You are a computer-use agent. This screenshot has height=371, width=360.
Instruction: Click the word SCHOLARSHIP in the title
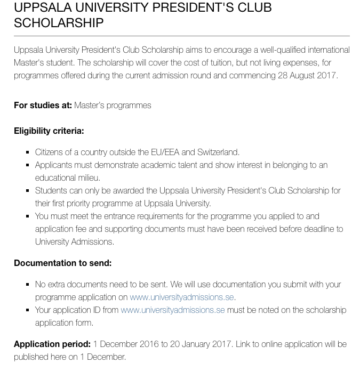click(x=59, y=23)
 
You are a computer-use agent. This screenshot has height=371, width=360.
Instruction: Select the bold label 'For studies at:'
click(x=43, y=105)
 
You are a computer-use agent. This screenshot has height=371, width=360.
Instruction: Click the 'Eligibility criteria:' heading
click(x=49, y=131)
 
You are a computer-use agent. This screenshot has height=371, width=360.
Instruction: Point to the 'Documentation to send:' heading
click(x=62, y=263)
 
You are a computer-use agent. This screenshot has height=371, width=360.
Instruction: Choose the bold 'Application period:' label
click(x=52, y=344)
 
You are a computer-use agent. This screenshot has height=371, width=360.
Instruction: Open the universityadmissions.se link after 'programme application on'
click(x=181, y=297)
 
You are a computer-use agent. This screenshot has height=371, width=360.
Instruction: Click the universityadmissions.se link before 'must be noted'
click(x=172, y=310)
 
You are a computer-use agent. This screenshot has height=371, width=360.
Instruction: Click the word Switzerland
click(x=218, y=152)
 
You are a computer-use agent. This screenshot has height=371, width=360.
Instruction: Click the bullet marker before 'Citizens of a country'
click(x=28, y=152)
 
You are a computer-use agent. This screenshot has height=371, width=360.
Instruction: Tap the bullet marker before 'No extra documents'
click(x=28, y=285)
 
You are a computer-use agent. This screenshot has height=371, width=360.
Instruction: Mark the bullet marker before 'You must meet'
click(x=28, y=216)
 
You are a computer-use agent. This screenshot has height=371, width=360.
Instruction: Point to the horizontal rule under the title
click(x=181, y=36)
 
